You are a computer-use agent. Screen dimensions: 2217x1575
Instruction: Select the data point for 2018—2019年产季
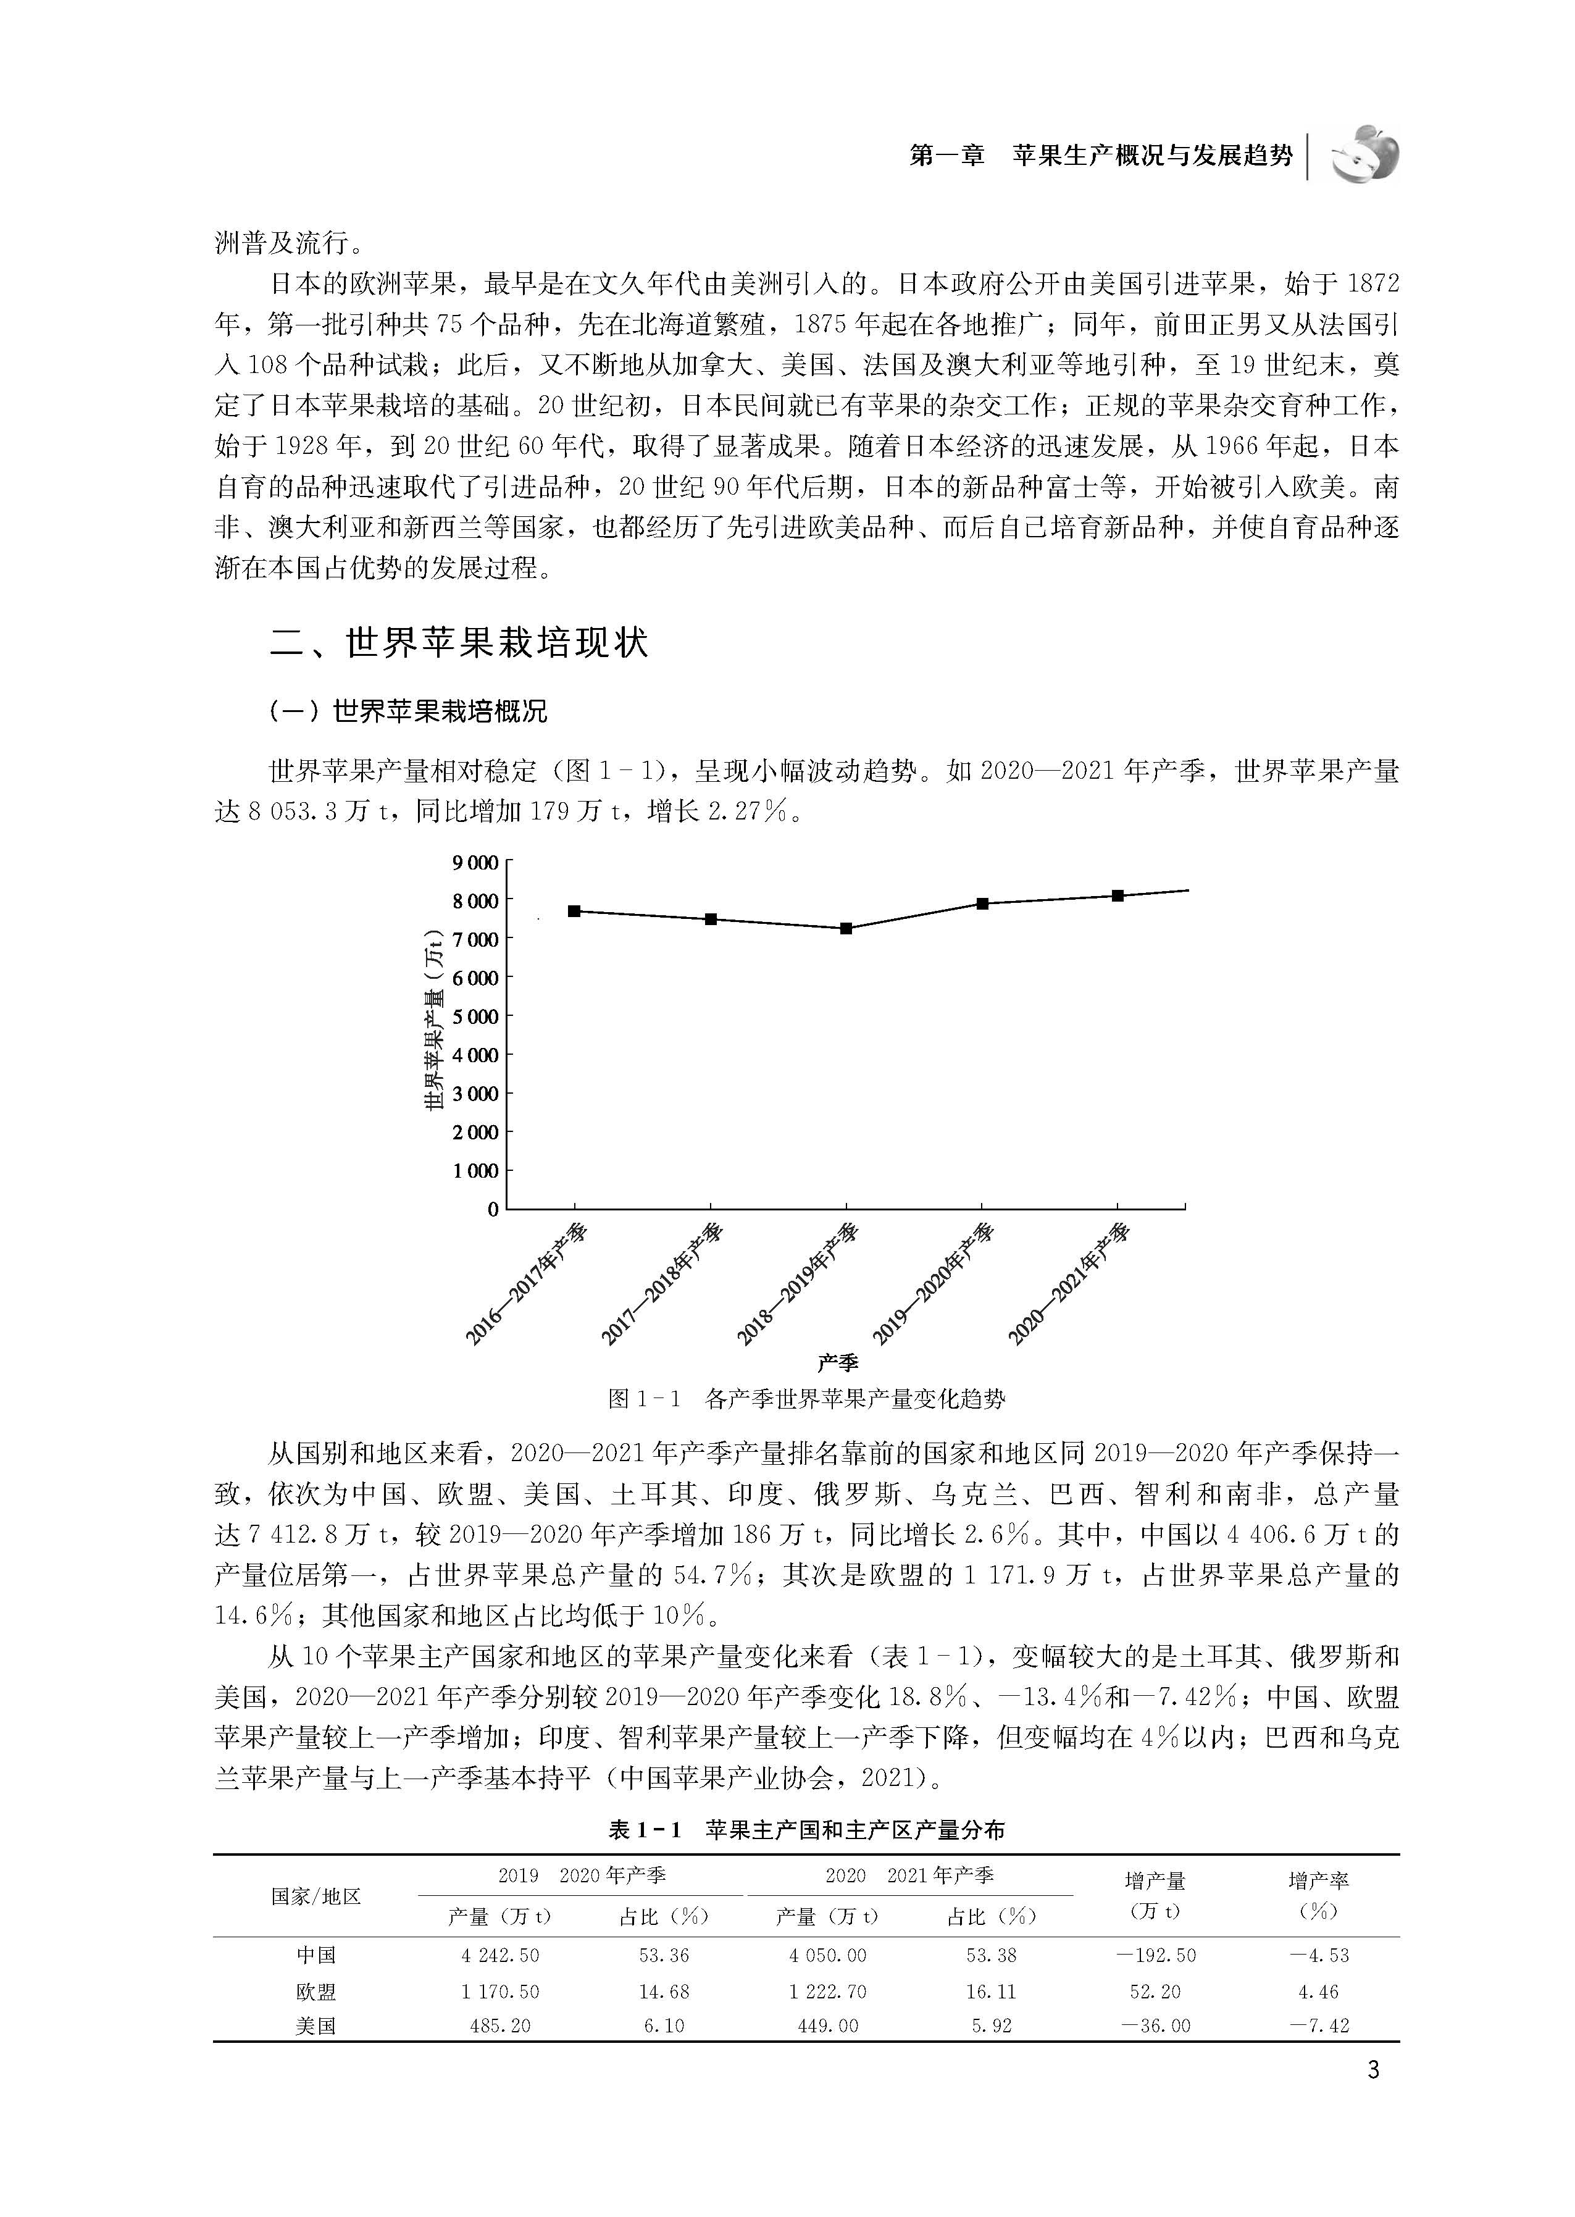[846, 928]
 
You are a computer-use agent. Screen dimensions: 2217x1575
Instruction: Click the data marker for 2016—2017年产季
[574, 911]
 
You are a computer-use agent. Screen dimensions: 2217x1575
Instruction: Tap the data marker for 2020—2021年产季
[1118, 895]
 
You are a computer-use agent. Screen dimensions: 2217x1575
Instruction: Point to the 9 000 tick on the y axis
[475, 862]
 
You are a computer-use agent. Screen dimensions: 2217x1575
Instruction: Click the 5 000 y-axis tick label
[475, 1016]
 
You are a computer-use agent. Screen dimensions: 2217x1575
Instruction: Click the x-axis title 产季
[837, 1362]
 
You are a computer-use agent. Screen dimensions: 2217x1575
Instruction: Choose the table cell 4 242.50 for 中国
[499, 1955]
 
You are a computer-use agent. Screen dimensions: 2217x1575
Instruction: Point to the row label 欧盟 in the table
[315, 1992]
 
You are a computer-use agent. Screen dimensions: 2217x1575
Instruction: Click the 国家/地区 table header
[315, 1896]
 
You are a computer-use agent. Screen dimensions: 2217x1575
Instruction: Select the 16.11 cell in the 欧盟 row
[991, 1992]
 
